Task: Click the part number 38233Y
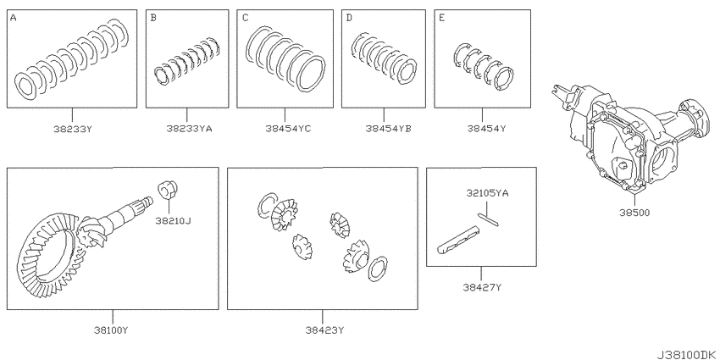coord(72,129)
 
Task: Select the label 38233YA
coord(189,129)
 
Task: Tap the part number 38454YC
coord(288,129)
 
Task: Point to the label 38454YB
coord(388,129)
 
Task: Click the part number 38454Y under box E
coord(486,129)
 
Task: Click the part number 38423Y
coord(324,330)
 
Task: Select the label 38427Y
coord(481,288)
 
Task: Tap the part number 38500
coord(634,213)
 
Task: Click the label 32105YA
coord(485,193)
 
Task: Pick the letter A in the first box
coord(13,18)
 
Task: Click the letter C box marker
coord(245,18)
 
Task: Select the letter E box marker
coord(441,18)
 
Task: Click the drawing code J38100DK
coord(687,355)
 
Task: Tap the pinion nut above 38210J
coord(169,190)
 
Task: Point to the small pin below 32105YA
coord(487,219)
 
